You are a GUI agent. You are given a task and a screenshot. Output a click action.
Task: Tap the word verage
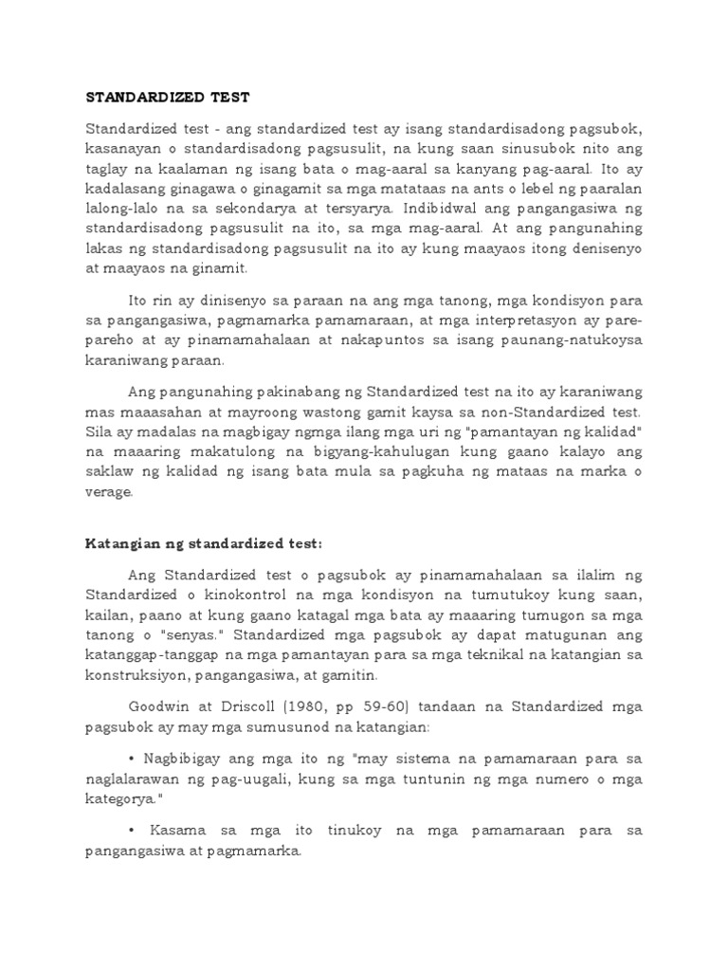[x=111, y=492]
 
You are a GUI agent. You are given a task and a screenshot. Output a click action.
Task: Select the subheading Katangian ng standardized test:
[x=204, y=543]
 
